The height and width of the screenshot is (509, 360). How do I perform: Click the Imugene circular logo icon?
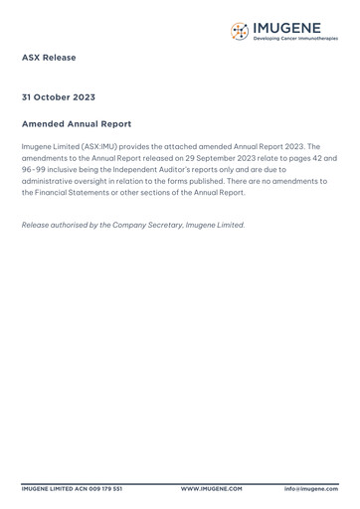click(x=239, y=31)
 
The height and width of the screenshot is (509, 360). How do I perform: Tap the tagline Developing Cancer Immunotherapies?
click(x=295, y=39)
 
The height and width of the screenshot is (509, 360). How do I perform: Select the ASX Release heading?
click(x=49, y=58)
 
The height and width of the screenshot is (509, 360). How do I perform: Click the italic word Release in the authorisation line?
click(x=37, y=225)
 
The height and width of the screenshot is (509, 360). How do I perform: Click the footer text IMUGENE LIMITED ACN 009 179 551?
click(x=73, y=489)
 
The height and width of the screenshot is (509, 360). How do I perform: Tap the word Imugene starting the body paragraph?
click(x=40, y=146)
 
